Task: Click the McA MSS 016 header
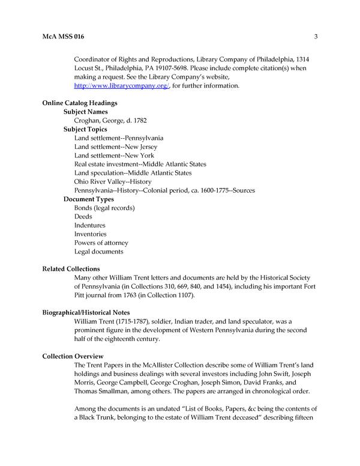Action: coord(63,37)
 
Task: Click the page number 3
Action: coord(315,37)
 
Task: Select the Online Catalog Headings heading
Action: coord(79,103)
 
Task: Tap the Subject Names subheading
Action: coord(88,112)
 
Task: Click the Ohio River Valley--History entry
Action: coord(113,181)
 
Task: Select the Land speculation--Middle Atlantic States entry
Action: coord(133,173)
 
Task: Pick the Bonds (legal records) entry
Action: coord(104,208)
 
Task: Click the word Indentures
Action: coord(91,225)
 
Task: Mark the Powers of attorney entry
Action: coord(101,243)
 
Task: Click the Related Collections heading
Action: coord(71,268)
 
